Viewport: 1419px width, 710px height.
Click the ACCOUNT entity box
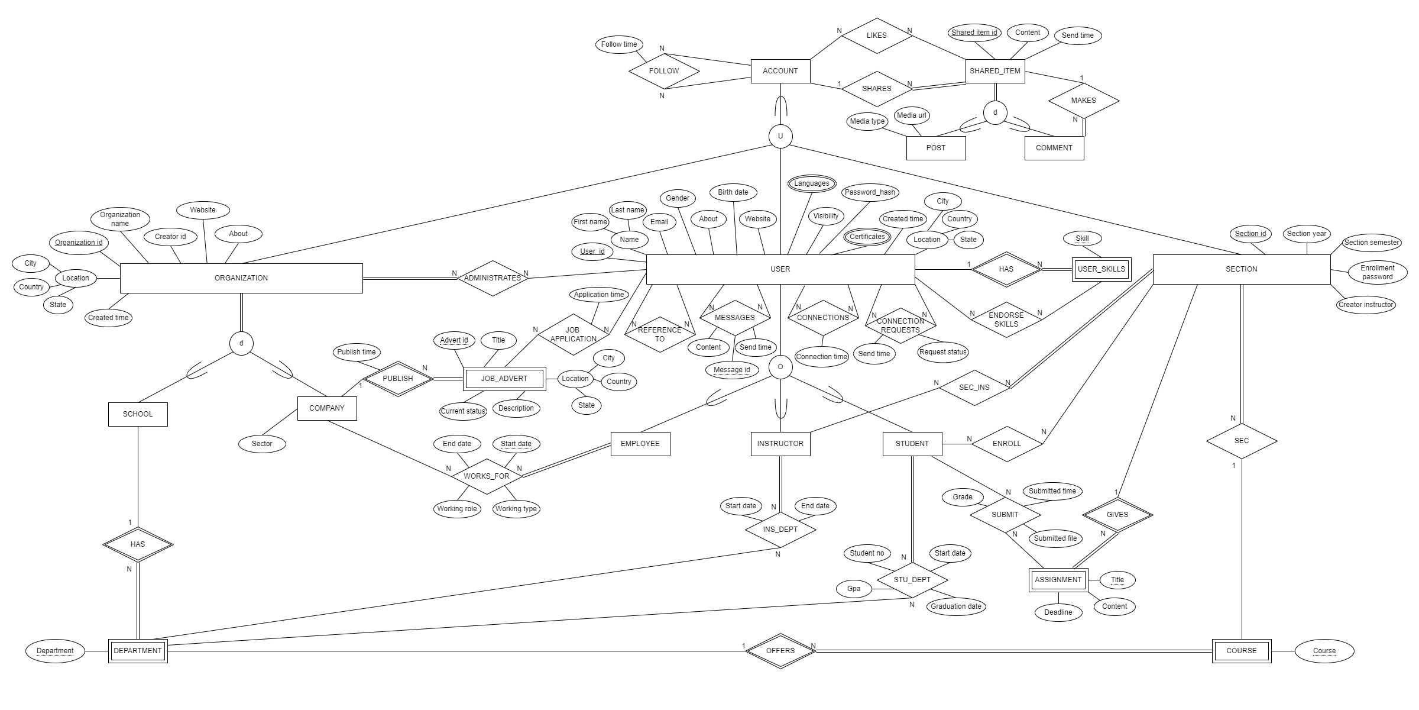[x=780, y=71]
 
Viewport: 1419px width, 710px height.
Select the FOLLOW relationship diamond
[x=663, y=71]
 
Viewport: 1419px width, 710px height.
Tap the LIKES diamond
[x=876, y=35]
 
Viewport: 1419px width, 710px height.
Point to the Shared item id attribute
[x=974, y=33]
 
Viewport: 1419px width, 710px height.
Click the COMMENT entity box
[x=1054, y=148]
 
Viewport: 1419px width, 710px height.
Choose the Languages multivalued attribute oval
[x=811, y=183]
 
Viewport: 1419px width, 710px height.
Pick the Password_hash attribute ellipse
[x=869, y=192]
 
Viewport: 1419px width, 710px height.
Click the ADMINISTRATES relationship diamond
[x=492, y=278]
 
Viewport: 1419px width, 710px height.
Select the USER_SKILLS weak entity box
[x=1101, y=269]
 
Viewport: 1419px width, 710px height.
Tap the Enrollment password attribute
[x=1377, y=272]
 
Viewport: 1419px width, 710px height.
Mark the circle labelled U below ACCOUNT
[x=780, y=136]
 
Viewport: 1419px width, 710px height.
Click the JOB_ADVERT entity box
[x=504, y=379]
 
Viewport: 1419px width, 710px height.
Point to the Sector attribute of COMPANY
[x=262, y=444]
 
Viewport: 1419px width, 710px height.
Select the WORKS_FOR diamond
[x=486, y=476]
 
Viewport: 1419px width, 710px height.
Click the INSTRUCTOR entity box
[x=780, y=444]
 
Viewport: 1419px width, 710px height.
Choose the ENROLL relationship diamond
[x=1006, y=444]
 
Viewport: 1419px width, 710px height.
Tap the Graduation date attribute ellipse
[x=955, y=606]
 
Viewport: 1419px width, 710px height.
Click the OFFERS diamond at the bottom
[x=780, y=651]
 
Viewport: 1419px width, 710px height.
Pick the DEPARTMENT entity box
[x=138, y=651]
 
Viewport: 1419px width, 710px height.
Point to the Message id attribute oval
[x=731, y=370]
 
